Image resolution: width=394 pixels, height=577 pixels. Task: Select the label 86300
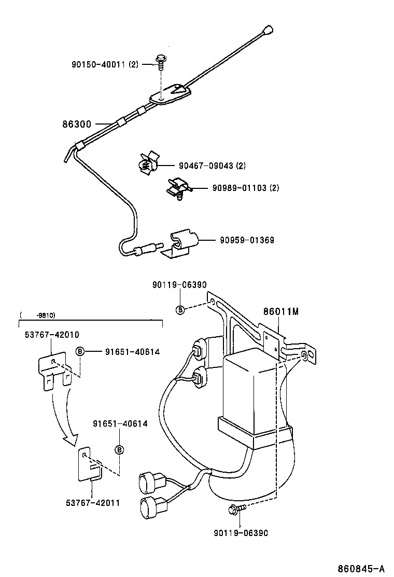coord(77,125)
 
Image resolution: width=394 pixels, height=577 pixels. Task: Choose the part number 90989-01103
coord(245,188)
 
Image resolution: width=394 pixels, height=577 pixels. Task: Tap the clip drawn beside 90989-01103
coord(178,187)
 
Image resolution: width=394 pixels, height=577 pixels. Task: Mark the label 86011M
coord(281,312)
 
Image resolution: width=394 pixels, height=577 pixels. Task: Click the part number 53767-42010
coord(51,335)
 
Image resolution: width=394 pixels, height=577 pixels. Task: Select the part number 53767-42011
coord(93,502)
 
